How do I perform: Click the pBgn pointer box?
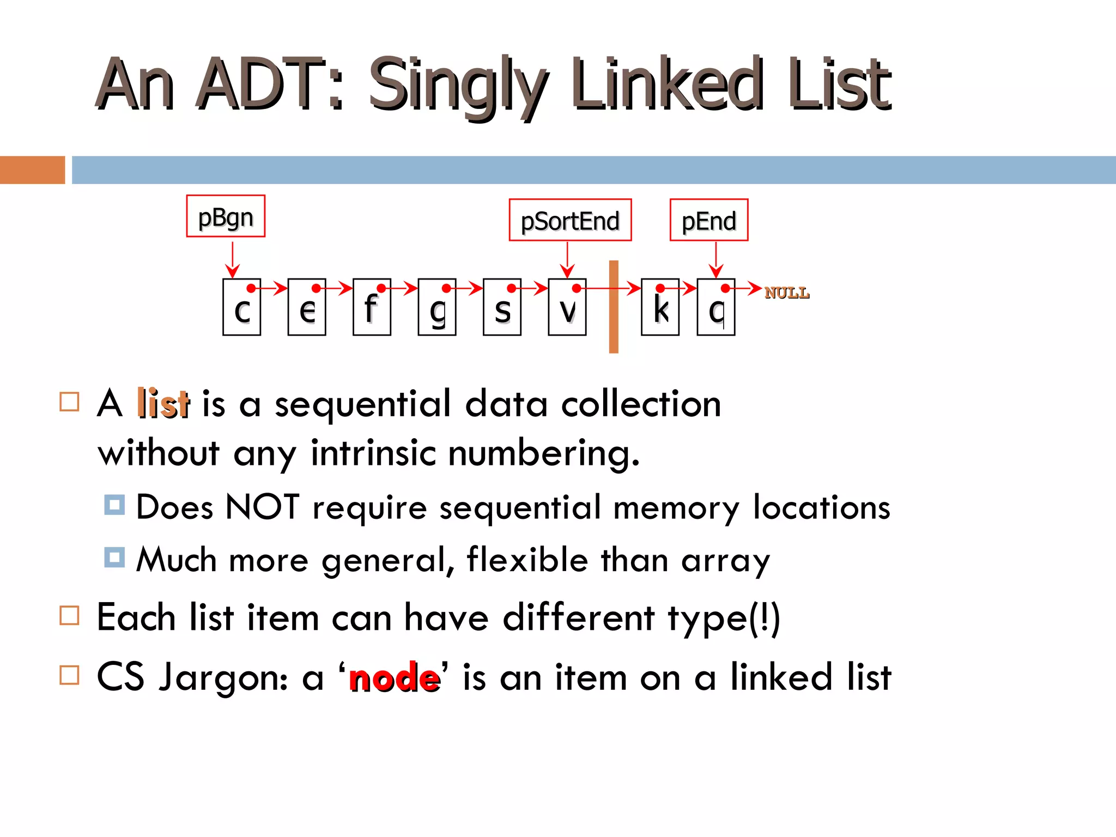pos(226,216)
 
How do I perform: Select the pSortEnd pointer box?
pos(570,220)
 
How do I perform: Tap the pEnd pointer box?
pos(708,220)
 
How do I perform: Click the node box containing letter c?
pos(241,307)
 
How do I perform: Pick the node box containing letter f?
pos(372,307)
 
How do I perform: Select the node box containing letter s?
pos(502,307)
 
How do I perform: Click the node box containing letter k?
pos(660,307)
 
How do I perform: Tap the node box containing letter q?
pos(715,307)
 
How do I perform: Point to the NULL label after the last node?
pos(786,293)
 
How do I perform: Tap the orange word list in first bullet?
pos(163,404)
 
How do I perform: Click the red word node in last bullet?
pos(394,678)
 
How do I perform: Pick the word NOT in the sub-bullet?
pos(262,507)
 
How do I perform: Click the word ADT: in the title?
pos(270,84)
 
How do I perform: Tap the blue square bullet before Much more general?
pos(114,557)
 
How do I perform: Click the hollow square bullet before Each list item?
pos(69,616)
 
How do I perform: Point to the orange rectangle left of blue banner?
pos(32,170)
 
